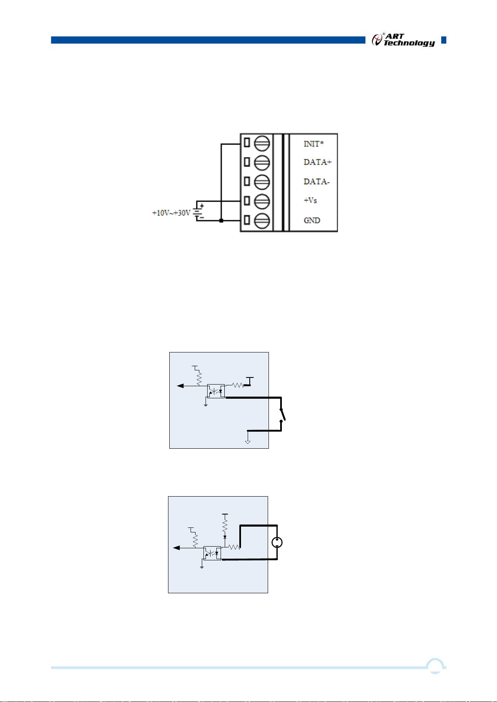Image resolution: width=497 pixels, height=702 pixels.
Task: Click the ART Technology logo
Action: pyautogui.click(x=403, y=40)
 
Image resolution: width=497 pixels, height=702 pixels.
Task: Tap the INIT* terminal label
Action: pyautogui.click(x=314, y=144)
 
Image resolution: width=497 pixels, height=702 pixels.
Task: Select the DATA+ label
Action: pyautogui.click(x=317, y=162)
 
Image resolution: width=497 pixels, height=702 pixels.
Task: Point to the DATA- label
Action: pyautogui.click(x=316, y=182)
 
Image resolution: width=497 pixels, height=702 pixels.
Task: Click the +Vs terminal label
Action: pyautogui.click(x=310, y=200)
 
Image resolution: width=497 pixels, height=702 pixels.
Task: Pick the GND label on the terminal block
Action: pyautogui.click(x=312, y=220)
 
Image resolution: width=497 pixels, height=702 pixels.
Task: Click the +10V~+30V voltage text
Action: pyautogui.click(x=171, y=213)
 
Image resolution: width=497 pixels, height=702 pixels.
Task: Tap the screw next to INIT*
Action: pyautogui.click(x=262, y=143)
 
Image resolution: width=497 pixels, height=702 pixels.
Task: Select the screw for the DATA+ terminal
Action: pyautogui.click(x=262, y=162)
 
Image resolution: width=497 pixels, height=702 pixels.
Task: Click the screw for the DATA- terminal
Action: pyautogui.click(x=262, y=182)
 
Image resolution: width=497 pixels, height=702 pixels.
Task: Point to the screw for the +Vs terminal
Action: pyautogui.click(x=262, y=201)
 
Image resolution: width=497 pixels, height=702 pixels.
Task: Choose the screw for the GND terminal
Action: pyautogui.click(x=262, y=220)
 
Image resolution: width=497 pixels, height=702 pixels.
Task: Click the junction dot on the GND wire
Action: pyautogui.click(x=221, y=220)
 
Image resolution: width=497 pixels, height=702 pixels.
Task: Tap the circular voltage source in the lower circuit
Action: pyautogui.click(x=277, y=542)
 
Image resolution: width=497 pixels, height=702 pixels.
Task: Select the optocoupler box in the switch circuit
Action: pyautogui.click(x=216, y=391)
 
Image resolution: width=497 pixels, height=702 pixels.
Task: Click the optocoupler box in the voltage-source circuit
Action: pyautogui.click(x=212, y=553)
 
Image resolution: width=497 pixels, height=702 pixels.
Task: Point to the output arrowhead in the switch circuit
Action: pyautogui.click(x=180, y=386)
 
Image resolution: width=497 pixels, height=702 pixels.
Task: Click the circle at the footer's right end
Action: pyautogui.click(x=436, y=667)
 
